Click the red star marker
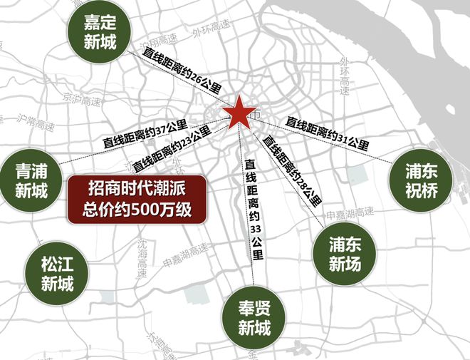click(241, 112)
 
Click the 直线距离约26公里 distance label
click(182, 73)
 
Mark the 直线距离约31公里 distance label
click(327, 133)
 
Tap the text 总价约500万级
click(137, 210)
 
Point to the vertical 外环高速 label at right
click(345, 75)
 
